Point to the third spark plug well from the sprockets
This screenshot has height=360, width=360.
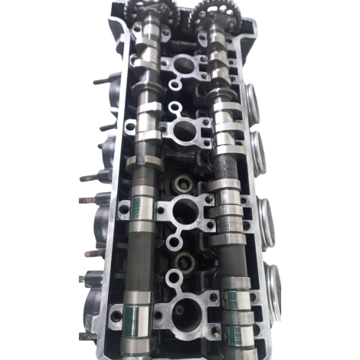tap(184, 211)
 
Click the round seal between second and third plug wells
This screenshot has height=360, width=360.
tap(182, 183)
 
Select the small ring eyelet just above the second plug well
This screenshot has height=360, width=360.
tap(176, 108)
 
